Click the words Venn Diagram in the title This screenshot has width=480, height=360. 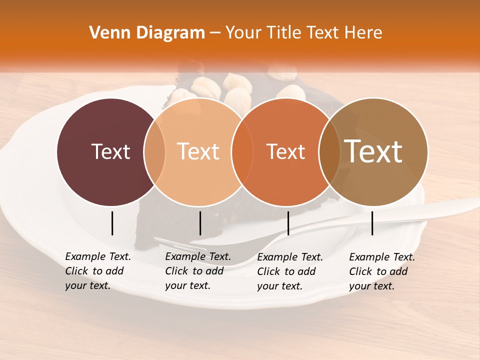pos(147,33)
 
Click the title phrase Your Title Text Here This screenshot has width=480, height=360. pos(303,33)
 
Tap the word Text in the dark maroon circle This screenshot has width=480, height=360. pos(110,151)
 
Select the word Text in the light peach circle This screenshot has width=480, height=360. pos(198,151)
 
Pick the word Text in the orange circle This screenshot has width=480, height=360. pos(285,151)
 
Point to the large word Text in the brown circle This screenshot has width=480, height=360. pos(373,151)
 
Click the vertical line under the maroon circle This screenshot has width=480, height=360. pos(112,223)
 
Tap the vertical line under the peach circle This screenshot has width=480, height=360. pos(200,223)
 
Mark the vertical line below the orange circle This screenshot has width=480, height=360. pos(288,223)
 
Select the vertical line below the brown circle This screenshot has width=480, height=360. pos(372,223)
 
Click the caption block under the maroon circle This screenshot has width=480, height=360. pos(98,271)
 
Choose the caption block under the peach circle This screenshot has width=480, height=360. pos(198,271)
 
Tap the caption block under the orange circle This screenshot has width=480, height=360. pos(290,271)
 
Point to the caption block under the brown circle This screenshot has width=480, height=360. pos(382,271)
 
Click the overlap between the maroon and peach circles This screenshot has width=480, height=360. pos(155,151)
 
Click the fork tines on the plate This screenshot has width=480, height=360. pos(180,244)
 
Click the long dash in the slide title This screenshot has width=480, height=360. pos(215,33)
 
